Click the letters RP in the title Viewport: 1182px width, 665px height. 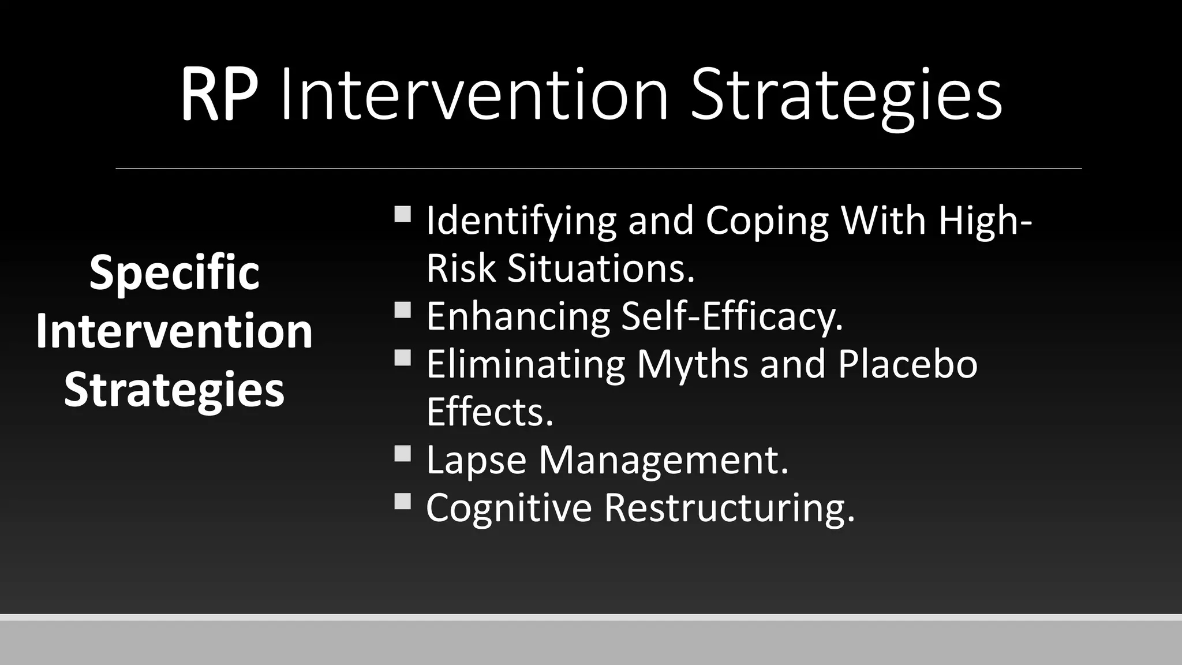tap(219, 95)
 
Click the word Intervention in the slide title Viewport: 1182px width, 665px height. tap(474, 95)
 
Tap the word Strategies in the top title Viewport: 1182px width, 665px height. tap(846, 96)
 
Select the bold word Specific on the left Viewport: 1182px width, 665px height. tap(174, 273)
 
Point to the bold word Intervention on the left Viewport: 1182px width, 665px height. tap(174, 331)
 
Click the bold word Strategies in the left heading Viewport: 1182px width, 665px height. tap(174, 390)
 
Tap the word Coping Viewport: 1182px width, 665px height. tap(767, 222)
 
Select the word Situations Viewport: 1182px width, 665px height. tap(601, 269)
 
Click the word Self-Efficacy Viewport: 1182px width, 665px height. tap(732, 317)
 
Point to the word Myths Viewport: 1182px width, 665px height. tap(692, 365)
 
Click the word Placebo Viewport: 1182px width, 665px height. tap(907, 365)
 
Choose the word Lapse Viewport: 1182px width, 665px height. tap(476, 461)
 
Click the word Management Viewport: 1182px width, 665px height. tap(663, 461)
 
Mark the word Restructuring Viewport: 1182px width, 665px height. tap(729, 508)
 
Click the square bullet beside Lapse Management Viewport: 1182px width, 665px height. tap(403, 454)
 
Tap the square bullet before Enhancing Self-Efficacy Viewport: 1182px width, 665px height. tap(403, 311)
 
